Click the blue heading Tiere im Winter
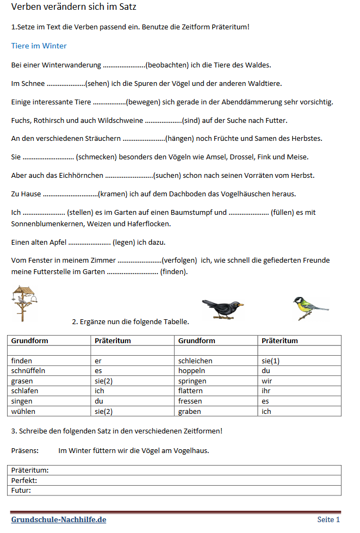click(39, 46)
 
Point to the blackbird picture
click(222, 308)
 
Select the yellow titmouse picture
click(308, 308)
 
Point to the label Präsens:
click(25, 450)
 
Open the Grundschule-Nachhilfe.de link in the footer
click(59, 520)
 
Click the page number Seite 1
click(328, 520)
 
